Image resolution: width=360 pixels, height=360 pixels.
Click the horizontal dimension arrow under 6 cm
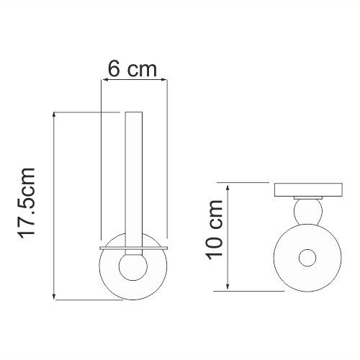(133, 81)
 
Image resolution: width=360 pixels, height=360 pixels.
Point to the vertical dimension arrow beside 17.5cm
(55, 205)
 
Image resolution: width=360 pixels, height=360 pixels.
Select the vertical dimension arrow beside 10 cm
(228, 236)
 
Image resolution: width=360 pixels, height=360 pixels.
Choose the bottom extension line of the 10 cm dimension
(252, 290)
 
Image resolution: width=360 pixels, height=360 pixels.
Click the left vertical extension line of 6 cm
(100, 158)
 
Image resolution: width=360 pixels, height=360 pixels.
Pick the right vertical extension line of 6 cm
(167, 158)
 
